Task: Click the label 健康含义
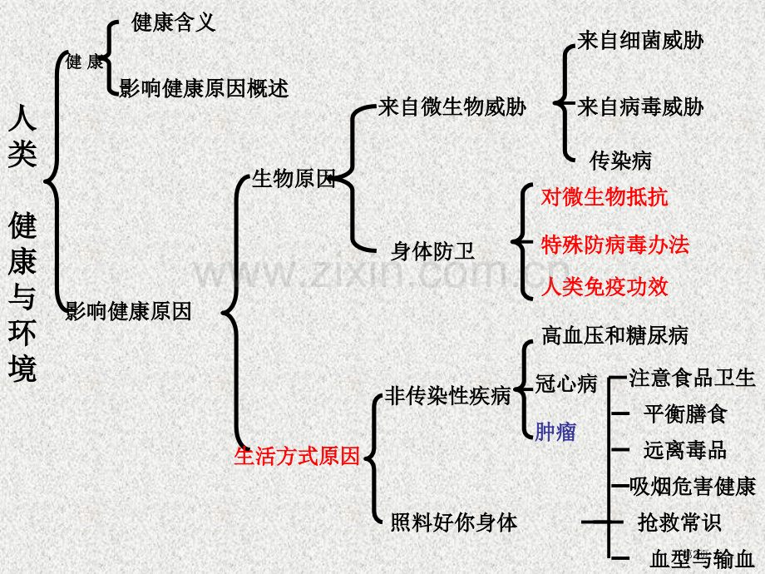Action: click(173, 22)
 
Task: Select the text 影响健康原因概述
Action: click(204, 88)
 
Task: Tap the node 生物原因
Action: click(294, 179)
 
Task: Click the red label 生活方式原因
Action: click(297, 456)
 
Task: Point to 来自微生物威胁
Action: click(452, 106)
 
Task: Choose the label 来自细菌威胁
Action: click(640, 40)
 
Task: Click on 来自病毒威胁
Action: click(640, 106)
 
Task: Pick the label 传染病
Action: click(620, 161)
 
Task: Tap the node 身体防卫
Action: click(432, 251)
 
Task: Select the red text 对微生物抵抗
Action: click(605, 196)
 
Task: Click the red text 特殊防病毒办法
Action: click(614, 244)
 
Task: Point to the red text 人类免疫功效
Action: click(605, 286)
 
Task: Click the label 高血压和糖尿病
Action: click(614, 335)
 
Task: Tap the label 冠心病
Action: click(566, 383)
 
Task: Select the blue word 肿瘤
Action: click(555, 432)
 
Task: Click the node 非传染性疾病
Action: click(448, 395)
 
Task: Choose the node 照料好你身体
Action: click(454, 522)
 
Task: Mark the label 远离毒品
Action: click(685, 450)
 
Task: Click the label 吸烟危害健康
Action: click(693, 486)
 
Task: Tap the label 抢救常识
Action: click(679, 522)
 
